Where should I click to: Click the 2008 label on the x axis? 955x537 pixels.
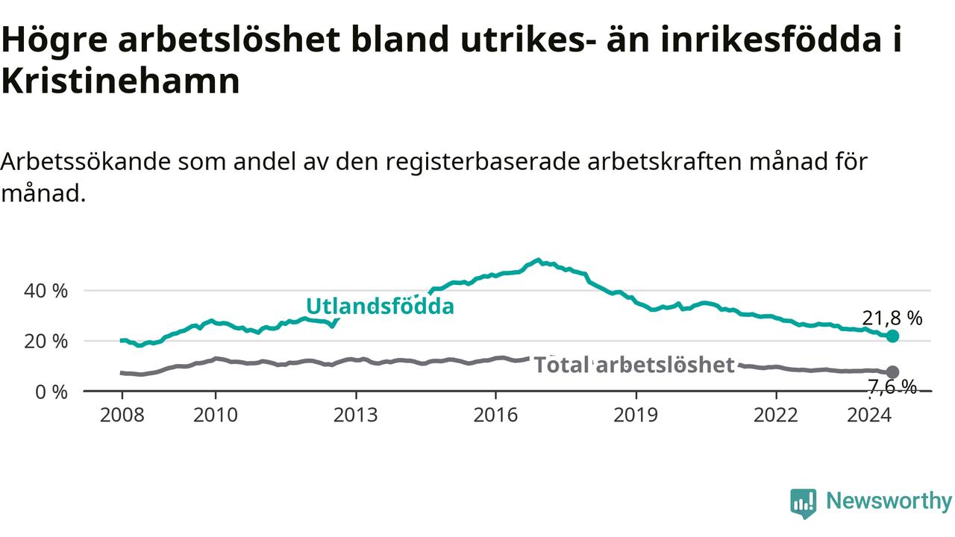click(122, 415)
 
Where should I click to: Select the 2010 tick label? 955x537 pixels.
click(216, 415)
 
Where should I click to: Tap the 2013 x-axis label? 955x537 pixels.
click(356, 415)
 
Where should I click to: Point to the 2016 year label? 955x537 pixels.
click(495, 415)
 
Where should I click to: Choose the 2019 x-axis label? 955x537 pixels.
click(636, 415)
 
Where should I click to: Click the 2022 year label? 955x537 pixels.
click(776, 415)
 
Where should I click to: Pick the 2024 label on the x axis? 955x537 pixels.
click(869, 415)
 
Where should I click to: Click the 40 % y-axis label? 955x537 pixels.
click(46, 291)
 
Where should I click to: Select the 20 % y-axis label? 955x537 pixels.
click(46, 342)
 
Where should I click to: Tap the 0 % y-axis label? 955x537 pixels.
click(51, 392)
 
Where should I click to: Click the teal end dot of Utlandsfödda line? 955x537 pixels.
click(892, 336)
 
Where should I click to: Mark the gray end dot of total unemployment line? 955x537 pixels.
click(892, 372)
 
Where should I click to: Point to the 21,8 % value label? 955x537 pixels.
click(892, 318)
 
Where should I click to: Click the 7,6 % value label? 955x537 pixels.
click(892, 387)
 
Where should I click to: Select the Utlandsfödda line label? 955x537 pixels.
click(381, 306)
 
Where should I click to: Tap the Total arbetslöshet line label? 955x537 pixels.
click(634, 365)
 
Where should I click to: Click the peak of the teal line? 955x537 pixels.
click(539, 260)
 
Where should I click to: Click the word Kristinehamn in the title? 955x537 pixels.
click(121, 81)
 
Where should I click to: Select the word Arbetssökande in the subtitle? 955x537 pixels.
click(86, 162)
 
